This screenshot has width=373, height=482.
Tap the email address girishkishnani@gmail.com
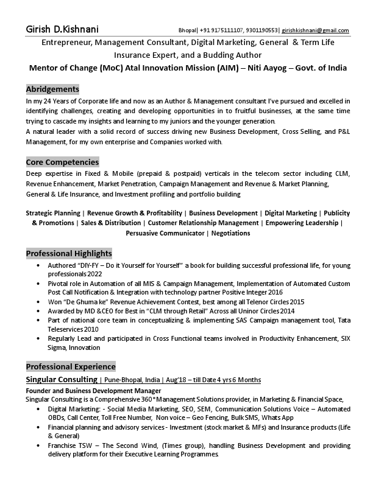pyautogui.click(x=315, y=30)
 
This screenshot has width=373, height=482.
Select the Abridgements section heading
pyautogui.click(x=52, y=89)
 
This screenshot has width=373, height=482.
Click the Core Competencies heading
pyautogui.click(x=62, y=162)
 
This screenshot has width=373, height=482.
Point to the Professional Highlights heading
pyautogui.click(x=69, y=253)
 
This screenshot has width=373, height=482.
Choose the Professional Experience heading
pyautogui.click(x=71, y=366)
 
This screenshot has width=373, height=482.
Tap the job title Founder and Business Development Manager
pyautogui.click(x=93, y=390)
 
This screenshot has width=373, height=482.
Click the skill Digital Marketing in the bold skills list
pyautogui.click(x=291, y=214)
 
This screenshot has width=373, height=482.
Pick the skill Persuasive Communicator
pyautogui.click(x=165, y=233)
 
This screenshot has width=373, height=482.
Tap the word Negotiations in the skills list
pyautogui.click(x=230, y=233)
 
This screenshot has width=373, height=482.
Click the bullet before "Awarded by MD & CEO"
pyautogui.click(x=39, y=311)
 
